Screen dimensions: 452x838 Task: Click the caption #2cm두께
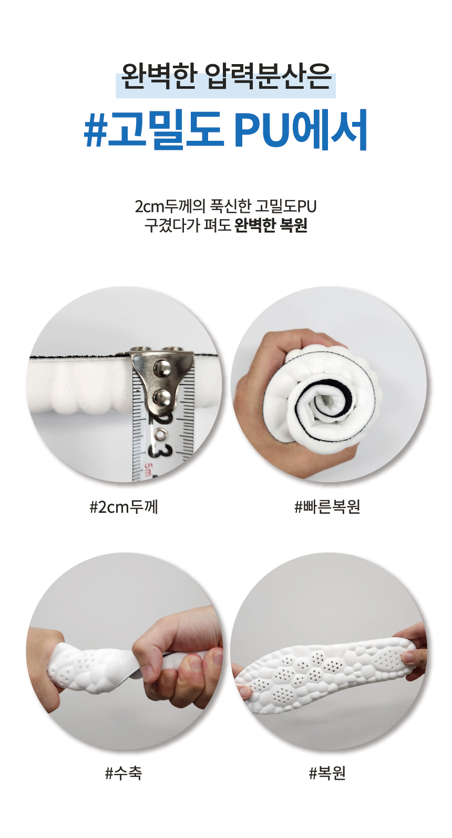(x=124, y=508)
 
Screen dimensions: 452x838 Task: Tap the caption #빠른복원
(x=327, y=508)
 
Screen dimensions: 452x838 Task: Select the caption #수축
(x=124, y=773)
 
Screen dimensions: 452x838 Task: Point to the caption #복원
(x=327, y=773)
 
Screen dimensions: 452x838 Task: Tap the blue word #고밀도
(x=154, y=129)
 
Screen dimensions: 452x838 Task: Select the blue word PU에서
(x=301, y=129)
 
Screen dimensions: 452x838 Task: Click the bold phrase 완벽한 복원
(x=271, y=225)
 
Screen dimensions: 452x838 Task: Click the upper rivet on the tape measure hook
(x=163, y=368)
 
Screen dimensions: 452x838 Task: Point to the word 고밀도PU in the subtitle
(x=286, y=206)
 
